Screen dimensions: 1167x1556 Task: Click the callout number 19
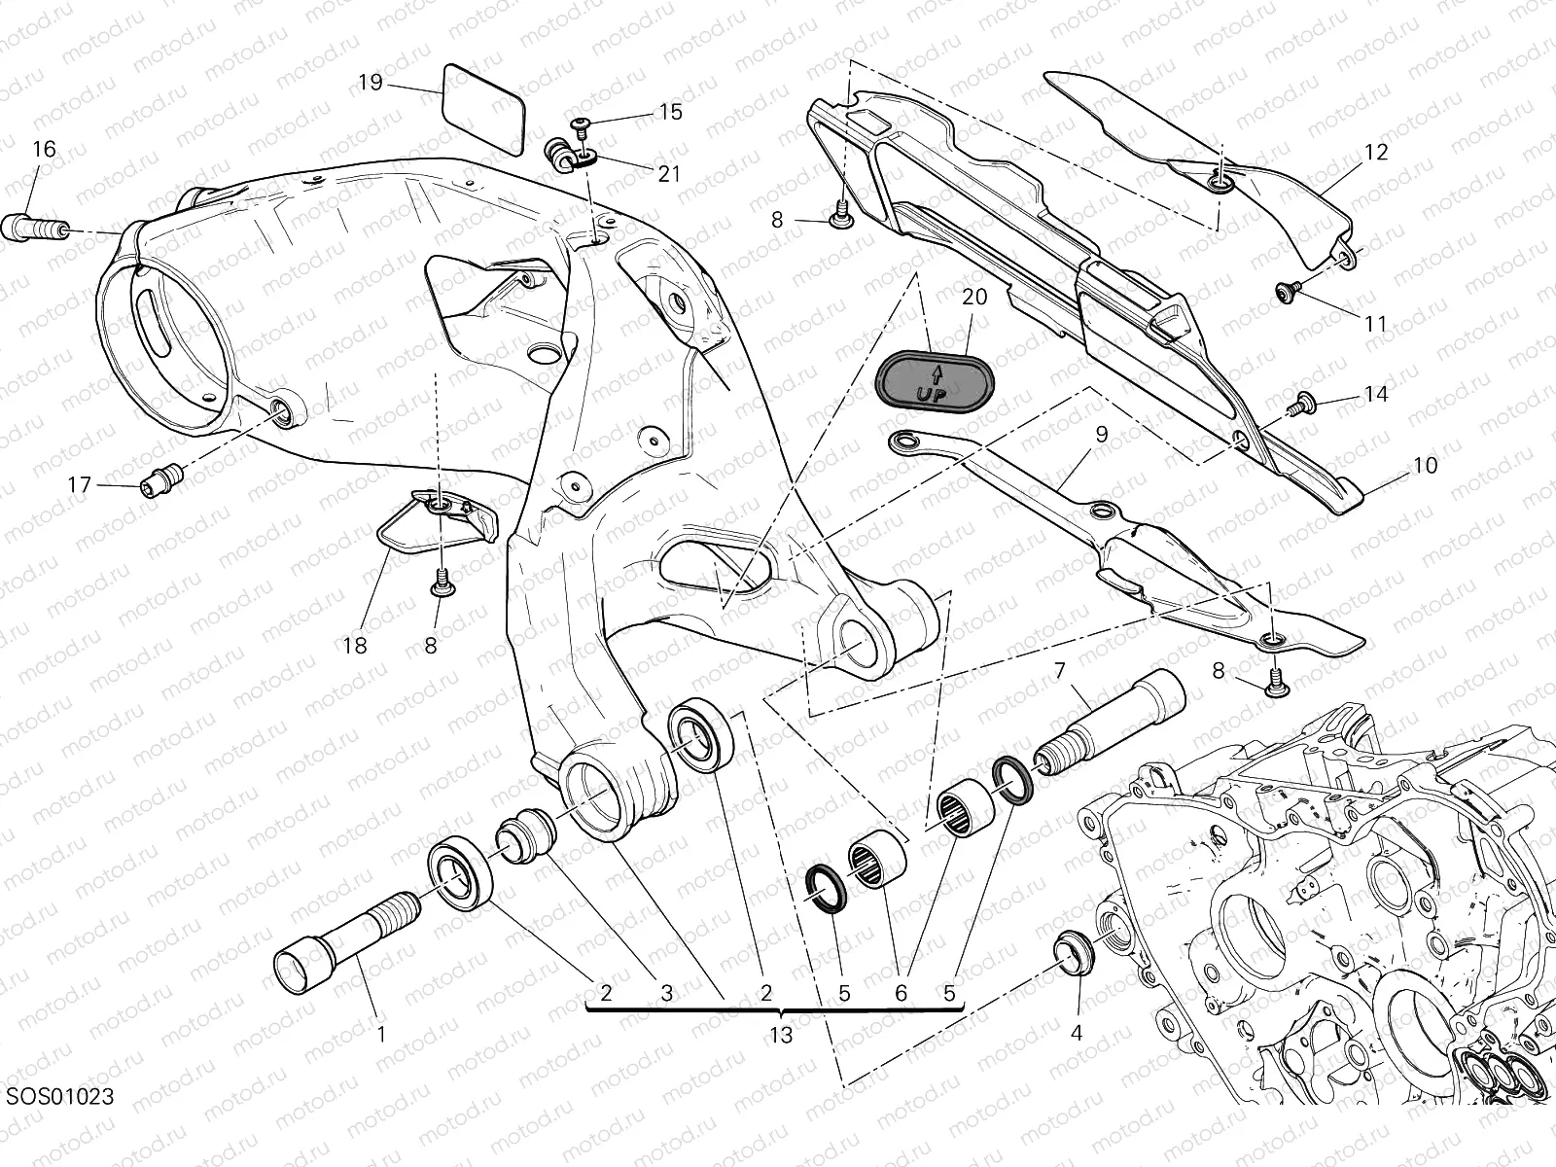(370, 83)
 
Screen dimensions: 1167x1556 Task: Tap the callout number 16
(45, 150)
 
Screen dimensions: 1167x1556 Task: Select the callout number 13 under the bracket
(780, 1036)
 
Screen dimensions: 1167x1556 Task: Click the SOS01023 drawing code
(60, 1097)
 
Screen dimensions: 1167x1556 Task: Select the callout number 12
(1376, 153)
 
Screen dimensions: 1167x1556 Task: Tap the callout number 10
(1425, 466)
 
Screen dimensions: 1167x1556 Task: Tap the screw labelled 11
(1288, 289)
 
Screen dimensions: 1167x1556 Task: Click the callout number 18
(355, 646)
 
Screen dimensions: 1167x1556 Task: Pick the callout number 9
(1101, 435)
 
